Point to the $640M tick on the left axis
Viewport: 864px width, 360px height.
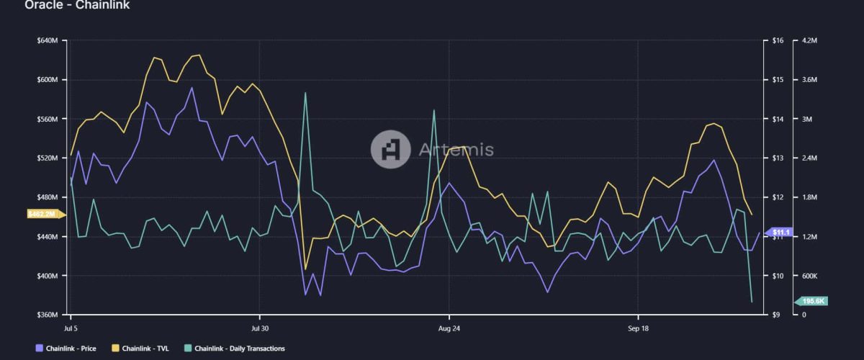tap(47, 40)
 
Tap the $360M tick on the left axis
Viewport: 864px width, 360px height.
tap(47, 315)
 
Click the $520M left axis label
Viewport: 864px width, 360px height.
tap(47, 158)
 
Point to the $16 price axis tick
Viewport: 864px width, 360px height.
tap(778, 40)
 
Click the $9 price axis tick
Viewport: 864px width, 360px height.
tap(776, 315)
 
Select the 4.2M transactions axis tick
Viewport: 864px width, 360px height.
tap(809, 40)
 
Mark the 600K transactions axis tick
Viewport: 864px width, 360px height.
tap(810, 276)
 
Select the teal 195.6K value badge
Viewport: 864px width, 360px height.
tap(812, 301)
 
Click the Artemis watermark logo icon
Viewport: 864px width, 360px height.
tap(390, 149)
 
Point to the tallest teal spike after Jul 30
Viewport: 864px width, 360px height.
tap(305, 93)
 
